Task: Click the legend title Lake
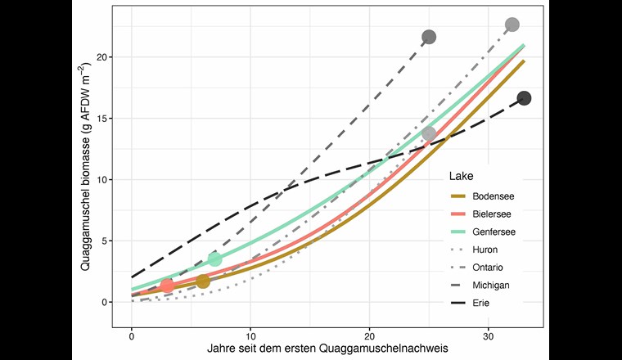click(x=459, y=176)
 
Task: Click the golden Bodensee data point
click(x=203, y=281)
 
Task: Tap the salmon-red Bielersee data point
click(x=167, y=286)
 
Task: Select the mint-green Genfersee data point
click(x=214, y=259)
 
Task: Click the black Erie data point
click(x=524, y=98)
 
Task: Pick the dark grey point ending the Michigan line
click(x=429, y=37)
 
